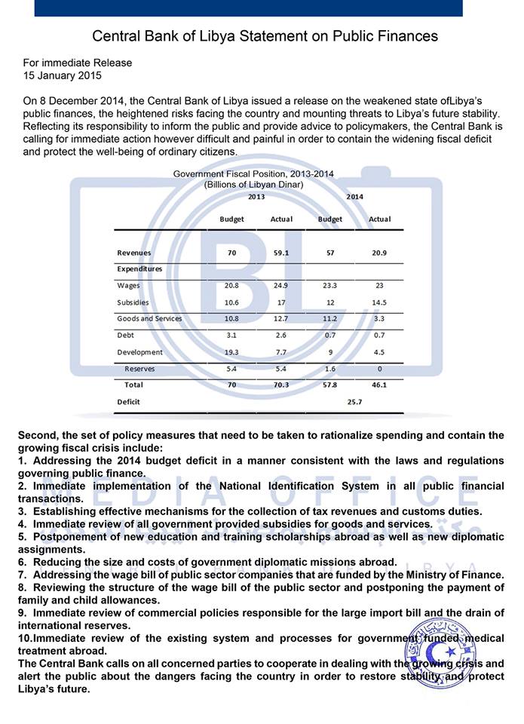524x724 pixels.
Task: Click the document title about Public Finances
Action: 265,35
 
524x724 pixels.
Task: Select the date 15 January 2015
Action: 63,75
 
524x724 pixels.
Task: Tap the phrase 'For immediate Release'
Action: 78,63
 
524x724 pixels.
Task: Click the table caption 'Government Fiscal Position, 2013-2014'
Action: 253,174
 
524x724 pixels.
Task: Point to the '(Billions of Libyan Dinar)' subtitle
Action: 253,185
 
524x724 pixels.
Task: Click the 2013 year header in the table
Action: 256,197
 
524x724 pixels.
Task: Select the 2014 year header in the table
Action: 354,197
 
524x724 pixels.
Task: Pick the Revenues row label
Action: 134,253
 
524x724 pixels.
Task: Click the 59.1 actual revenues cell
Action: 281,253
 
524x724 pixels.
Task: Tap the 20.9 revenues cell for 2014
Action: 379,253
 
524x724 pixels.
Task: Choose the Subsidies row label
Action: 133,302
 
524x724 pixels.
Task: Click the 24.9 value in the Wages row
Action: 281,286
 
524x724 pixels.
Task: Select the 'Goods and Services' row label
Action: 149,318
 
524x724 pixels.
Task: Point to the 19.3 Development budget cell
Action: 231,352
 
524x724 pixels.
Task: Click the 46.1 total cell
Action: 379,385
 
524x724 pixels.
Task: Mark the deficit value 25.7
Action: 354,402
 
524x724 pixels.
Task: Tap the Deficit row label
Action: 129,402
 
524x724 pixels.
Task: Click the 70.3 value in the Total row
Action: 281,385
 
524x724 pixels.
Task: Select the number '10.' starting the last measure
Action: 26,639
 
